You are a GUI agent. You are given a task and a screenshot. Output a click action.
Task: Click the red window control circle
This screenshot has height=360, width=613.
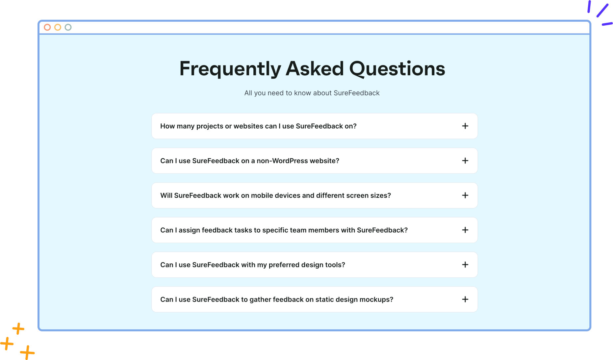[x=47, y=27]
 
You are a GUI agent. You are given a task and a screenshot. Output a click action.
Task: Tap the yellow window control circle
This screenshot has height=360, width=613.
[x=58, y=27]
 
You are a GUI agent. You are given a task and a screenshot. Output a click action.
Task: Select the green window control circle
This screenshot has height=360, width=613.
[x=68, y=27]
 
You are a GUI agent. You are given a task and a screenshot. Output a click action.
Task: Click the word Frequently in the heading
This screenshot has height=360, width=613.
[x=230, y=69]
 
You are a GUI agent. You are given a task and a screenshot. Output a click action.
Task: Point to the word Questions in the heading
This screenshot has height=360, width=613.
[x=397, y=69]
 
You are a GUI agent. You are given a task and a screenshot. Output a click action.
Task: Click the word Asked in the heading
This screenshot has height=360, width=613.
[x=315, y=68]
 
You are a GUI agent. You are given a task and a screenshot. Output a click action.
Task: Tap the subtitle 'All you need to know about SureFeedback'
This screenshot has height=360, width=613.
[x=312, y=93]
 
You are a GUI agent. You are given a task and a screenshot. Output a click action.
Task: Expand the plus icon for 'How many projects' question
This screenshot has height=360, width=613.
[x=465, y=126]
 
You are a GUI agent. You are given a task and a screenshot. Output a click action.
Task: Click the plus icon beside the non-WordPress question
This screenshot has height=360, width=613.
[x=465, y=161]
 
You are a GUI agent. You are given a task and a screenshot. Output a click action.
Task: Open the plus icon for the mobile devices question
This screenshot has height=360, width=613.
[x=465, y=195]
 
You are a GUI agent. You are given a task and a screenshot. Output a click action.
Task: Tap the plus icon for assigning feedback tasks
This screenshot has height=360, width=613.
[x=465, y=230]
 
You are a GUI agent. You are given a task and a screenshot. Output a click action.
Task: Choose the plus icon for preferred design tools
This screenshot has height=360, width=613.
[x=465, y=265]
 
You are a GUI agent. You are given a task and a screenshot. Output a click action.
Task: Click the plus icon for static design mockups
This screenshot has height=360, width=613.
[x=465, y=299]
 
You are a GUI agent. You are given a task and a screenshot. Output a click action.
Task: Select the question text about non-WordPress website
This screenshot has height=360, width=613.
[x=250, y=161]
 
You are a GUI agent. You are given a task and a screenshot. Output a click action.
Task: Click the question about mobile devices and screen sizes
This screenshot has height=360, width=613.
[x=275, y=195]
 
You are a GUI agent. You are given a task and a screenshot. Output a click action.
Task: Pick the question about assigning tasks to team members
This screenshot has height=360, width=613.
[x=284, y=230]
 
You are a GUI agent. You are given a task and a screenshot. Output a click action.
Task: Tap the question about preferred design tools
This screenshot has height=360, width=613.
[x=253, y=265]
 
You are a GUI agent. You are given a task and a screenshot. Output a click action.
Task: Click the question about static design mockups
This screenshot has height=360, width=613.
[x=277, y=300]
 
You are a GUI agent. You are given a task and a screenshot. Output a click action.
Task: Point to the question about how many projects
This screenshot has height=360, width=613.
[x=258, y=126]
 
